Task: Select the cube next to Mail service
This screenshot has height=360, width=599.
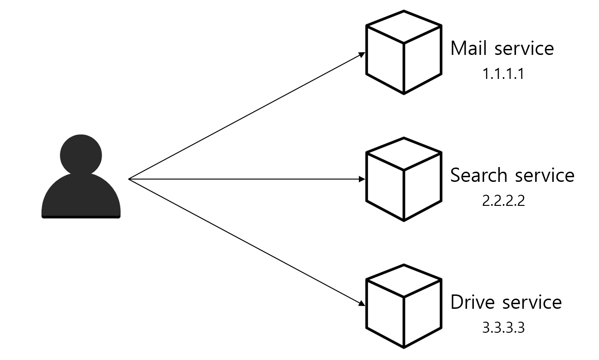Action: [404, 52]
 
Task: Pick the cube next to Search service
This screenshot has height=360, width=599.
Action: [404, 179]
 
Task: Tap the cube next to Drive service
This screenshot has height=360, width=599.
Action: [404, 306]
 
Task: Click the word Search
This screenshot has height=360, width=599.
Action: [479, 175]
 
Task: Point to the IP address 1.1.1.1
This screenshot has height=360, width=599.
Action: [503, 74]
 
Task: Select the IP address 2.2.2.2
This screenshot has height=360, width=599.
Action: [503, 201]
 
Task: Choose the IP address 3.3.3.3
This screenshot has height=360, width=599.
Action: [503, 328]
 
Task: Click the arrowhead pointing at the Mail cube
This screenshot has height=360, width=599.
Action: [362, 54]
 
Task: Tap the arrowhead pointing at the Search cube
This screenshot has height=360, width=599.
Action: [362, 179]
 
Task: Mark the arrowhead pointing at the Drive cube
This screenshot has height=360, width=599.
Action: [362, 304]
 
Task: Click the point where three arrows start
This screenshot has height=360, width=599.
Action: [129, 179]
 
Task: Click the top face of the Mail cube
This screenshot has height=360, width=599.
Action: [404, 27]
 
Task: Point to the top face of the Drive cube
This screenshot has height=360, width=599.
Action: [404, 281]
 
